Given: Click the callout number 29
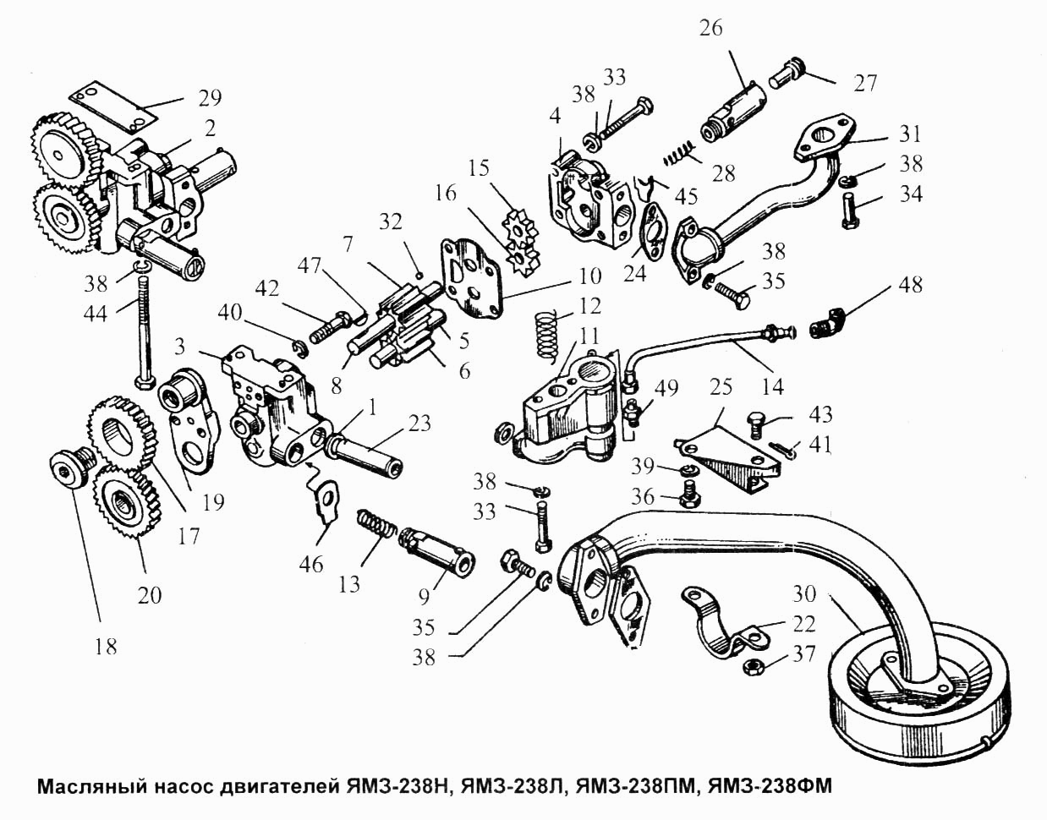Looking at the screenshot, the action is click(x=210, y=98).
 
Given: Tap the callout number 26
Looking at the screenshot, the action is click(x=711, y=29).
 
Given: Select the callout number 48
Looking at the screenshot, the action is click(x=908, y=285).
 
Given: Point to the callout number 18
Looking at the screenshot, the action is click(x=106, y=647).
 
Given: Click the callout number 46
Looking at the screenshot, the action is click(x=310, y=565).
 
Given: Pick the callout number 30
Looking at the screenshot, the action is click(x=803, y=594).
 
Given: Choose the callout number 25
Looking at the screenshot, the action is click(x=721, y=387).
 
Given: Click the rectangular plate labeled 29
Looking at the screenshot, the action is click(x=115, y=107).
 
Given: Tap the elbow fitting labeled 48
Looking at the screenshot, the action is click(x=828, y=324).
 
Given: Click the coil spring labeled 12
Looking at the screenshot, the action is click(x=547, y=334).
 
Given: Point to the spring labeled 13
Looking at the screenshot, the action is click(x=376, y=528).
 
